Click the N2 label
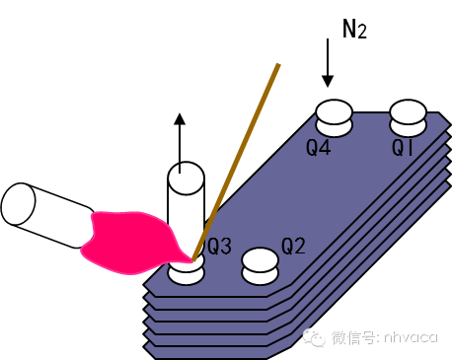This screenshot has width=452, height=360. [354, 29]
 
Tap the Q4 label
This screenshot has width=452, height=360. [319, 149]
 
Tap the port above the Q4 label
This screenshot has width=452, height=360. [334, 117]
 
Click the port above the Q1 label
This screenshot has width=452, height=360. [409, 117]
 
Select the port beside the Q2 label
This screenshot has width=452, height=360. [261, 263]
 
